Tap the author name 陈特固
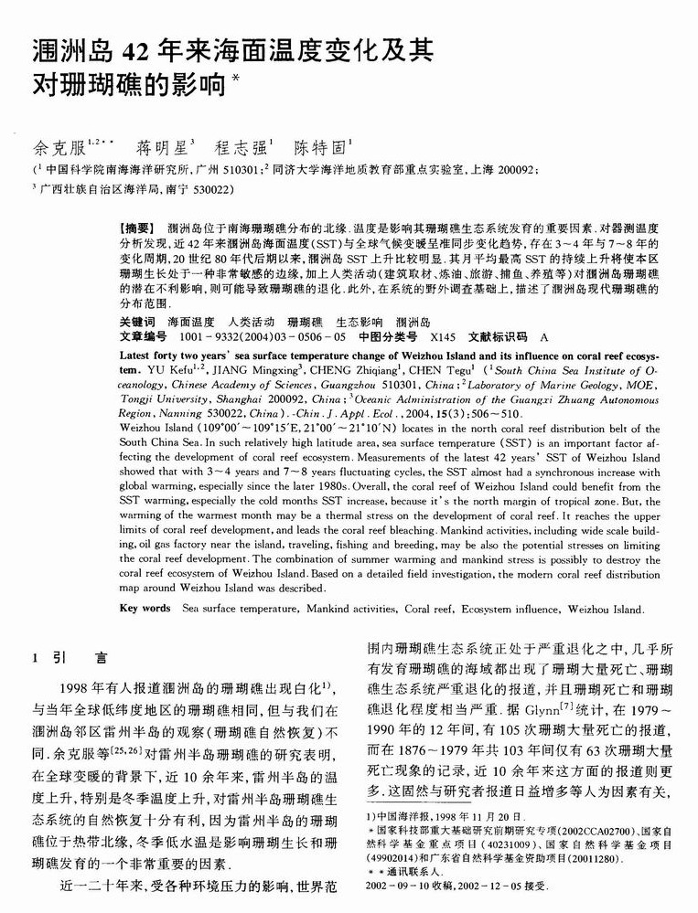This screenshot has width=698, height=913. tap(316, 146)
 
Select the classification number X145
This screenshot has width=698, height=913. tap(443, 336)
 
